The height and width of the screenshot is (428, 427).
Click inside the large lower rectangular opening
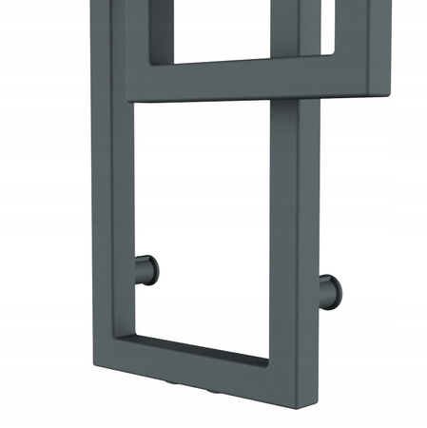click(204, 219)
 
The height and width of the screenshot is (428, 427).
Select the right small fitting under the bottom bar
click(214, 391)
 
